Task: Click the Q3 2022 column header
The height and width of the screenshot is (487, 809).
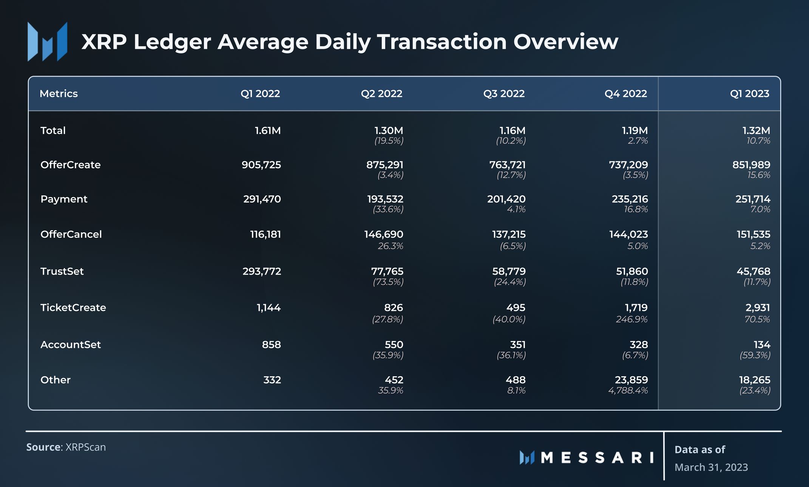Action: pos(504,94)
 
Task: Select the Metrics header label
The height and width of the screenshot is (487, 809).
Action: pos(59,94)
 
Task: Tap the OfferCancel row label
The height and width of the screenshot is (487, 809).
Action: pos(71,234)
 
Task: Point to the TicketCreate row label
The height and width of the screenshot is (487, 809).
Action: pos(73,308)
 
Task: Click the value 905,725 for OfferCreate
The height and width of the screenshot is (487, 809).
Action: pos(261,165)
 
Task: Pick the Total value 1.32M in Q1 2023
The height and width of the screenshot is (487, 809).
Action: pos(756,131)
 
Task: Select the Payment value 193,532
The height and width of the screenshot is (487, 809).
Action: pos(385,199)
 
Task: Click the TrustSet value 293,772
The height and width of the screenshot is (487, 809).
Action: pos(262,271)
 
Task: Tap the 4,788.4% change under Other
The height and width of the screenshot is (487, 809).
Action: pos(628,391)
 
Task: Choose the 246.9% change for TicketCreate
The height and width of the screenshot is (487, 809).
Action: pos(632,320)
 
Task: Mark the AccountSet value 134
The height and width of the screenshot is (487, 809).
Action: pos(762,345)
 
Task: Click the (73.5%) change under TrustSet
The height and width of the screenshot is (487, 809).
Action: pos(388,282)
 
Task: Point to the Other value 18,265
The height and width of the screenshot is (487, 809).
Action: pos(755,380)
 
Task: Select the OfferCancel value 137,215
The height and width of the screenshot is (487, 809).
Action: pos(509,234)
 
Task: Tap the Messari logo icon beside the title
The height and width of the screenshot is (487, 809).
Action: pos(48,42)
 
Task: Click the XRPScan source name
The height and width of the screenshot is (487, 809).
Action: pos(86,447)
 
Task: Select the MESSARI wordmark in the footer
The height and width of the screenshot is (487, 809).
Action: pos(597,458)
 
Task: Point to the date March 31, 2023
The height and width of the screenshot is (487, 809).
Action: pos(711,467)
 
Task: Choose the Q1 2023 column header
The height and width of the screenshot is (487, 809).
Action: pos(749,94)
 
